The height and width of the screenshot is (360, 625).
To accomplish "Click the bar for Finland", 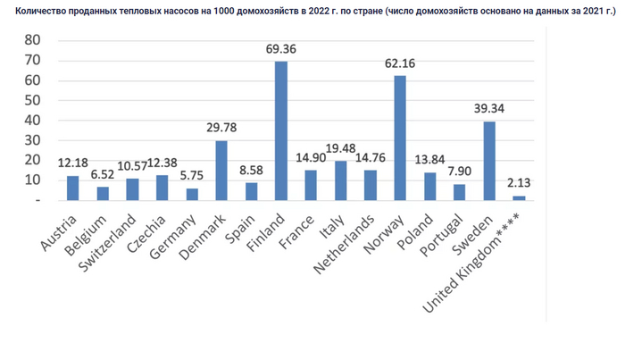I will point(281,130).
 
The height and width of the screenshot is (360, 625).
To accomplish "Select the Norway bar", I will point(400,138).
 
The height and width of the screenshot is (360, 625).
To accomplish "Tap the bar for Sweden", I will point(489,161).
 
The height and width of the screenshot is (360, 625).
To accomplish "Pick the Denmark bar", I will point(221,170).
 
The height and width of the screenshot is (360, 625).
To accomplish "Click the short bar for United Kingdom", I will point(519,197).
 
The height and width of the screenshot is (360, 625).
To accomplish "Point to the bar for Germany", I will point(192,194).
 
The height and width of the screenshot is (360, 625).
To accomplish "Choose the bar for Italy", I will point(340,180).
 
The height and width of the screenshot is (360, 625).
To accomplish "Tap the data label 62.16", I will point(400,63).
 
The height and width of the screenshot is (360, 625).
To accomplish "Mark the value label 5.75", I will point(192,177).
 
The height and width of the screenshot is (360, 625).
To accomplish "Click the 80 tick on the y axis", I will point(32,40).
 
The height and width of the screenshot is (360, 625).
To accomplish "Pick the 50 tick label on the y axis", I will point(32,100).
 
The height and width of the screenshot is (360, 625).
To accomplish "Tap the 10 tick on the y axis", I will point(32,180).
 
